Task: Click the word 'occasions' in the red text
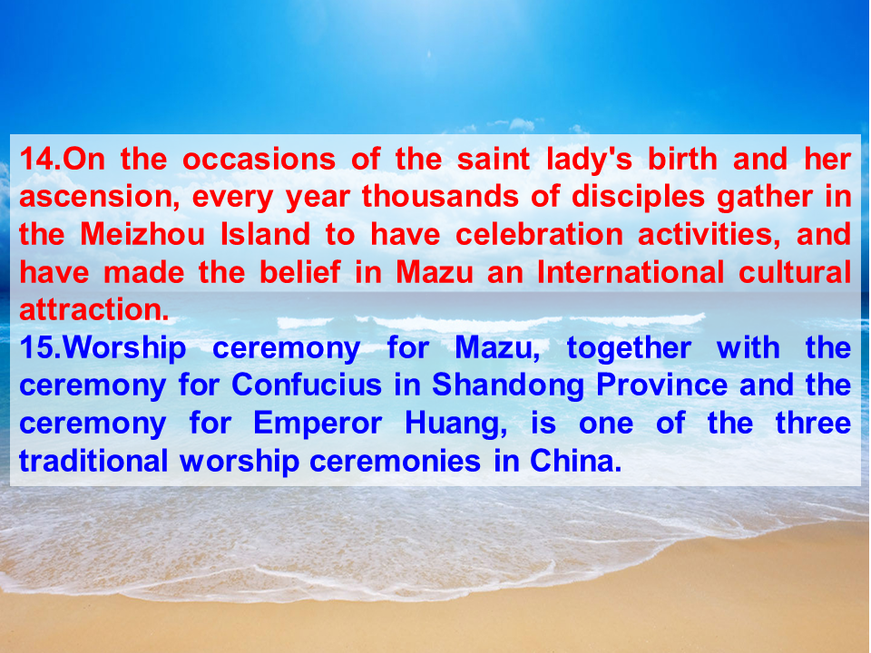coord(259,160)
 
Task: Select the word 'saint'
coord(494,159)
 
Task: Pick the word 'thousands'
coord(440,196)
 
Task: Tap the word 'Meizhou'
coord(142,234)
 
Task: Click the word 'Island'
coord(265,234)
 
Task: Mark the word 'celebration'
coord(539,234)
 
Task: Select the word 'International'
coord(631,271)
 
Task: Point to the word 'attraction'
coord(93,309)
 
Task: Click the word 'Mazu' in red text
coord(435,272)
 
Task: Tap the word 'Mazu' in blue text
coord(496,348)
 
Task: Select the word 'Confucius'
coord(307,385)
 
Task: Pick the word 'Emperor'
coord(318,424)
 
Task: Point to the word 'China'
coord(575,461)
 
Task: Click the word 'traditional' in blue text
coord(93,461)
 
